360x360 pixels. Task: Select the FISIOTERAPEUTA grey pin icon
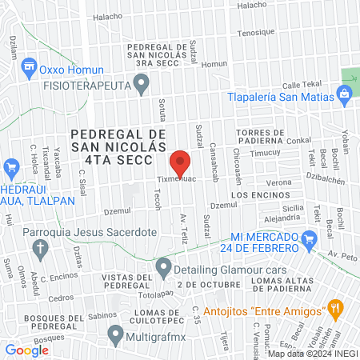[x=142, y=82]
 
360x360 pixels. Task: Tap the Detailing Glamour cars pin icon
[x=163, y=266]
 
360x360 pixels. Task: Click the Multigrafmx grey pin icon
[x=117, y=334]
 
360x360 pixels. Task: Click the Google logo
[x=26, y=350]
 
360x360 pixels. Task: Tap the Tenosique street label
[x=255, y=32]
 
